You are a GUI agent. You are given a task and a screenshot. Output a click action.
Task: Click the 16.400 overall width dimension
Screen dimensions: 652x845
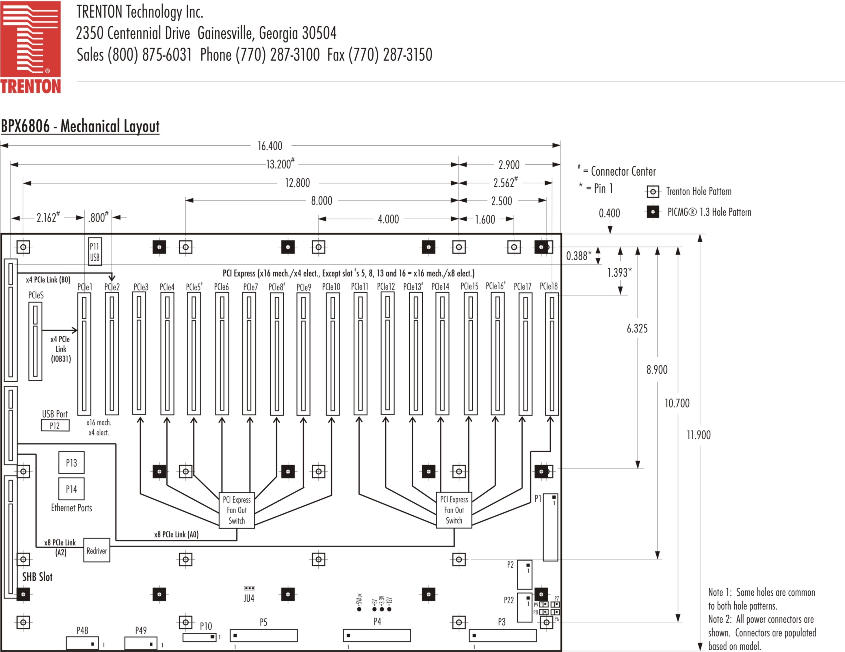click(270, 146)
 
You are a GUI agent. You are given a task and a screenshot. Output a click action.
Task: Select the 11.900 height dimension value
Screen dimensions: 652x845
click(698, 435)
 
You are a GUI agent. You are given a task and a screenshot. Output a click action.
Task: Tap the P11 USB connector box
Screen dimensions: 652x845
click(95, 252)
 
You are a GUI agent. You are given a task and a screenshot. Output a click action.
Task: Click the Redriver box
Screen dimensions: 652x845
click(97, 550)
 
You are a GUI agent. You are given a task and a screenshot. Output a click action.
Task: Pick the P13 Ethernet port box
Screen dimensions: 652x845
click(71, 462)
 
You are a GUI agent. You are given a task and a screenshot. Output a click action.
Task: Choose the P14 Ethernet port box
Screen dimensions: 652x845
click(71, 489)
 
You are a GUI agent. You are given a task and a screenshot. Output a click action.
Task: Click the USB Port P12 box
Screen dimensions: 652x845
click(55, 426)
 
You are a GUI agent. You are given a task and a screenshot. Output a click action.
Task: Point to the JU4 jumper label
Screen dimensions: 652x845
click(249, 598)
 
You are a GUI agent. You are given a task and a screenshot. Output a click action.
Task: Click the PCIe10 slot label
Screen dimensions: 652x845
click(331, 287)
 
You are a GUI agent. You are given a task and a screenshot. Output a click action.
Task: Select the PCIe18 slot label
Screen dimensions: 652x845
click(549, 286)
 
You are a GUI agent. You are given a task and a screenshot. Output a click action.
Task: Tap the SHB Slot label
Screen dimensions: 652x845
click(37, 577)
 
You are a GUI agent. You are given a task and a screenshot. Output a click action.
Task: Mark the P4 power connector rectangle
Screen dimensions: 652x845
click(376, 635)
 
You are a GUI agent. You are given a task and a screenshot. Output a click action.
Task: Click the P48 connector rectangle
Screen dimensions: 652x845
click(82, 643)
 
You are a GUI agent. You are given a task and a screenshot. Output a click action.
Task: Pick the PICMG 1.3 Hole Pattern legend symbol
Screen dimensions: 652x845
click(653, 212)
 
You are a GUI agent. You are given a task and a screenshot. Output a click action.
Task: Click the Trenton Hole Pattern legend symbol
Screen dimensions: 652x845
click(653, 192)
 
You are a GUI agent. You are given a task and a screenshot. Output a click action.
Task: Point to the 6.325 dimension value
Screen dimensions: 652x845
click(637, 328)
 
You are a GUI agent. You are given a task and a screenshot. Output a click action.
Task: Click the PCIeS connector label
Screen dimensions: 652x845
click(36, 295)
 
